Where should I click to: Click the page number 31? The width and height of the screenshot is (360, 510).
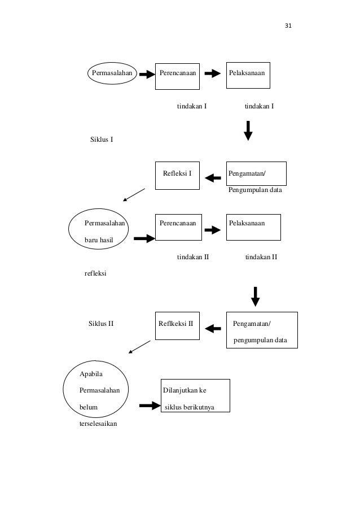[x=288, y=25]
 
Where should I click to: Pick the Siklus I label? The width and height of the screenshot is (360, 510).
[x=102, y=140]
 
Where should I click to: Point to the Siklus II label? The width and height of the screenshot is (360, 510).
[x=101, y=324]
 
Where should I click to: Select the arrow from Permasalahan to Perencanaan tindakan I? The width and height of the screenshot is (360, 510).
[x=147, y=75]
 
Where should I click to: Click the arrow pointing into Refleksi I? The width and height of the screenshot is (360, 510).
[x=213, y=178]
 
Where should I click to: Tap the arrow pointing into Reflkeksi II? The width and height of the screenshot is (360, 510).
[x=213, y=329]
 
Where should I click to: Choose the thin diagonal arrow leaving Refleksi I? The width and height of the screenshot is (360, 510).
[x=134, y=195]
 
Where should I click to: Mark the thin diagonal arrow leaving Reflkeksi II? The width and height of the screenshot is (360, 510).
[x=140, y=347]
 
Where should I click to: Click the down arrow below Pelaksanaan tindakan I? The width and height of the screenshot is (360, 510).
[x=248, y=131]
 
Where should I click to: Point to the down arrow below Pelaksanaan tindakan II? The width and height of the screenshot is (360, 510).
[x=256, y=297]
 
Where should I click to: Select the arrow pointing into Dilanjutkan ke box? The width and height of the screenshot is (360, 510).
[x=150, y=406]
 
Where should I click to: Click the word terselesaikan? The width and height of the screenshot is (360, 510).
[x=98, y=424]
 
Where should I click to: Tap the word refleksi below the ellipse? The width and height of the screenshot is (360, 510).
[x=95, y=273]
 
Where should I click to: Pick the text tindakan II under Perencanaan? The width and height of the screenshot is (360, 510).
[x=193, y=257]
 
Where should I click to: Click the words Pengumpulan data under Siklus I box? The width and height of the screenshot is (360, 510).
[x=255, y=190]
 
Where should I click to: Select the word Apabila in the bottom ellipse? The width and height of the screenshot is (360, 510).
[x=91, y=374]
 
